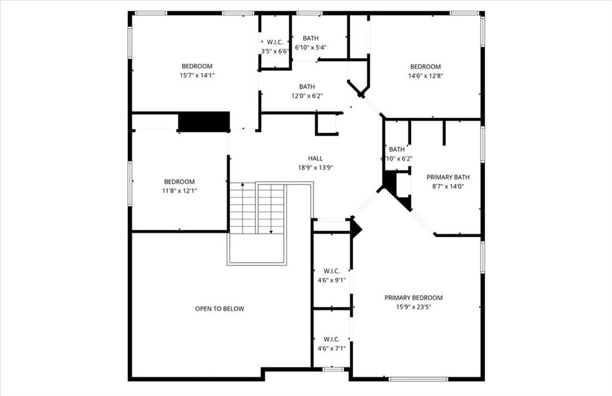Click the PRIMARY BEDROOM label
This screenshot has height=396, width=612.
click(x=414, y=297)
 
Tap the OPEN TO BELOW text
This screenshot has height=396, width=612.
click(x=220, y=309)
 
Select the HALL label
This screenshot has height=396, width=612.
click(x=316, y=158)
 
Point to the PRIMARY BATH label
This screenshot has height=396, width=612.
click(x=448, y=177)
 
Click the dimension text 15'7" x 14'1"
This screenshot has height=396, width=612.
click(x=197, y=76)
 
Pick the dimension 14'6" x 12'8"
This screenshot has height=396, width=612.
click(x=426, y=76)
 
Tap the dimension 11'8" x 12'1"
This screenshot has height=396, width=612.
click(x=179, y=191)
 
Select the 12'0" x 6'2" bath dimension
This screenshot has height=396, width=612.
click(x=307, y=96)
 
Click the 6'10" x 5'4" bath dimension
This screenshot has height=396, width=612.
click(x=311, y=48)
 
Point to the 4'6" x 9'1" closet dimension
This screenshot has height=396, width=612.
click(x=332, y=280)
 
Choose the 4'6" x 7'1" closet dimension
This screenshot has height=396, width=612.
click(x=332, y=348)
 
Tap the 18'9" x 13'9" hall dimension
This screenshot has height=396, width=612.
click(x=316, y=168)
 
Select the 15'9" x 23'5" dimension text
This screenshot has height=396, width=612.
click(x=414, y=307)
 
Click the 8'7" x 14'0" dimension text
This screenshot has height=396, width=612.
click(x=448, y=186)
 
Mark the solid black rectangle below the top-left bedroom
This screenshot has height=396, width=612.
click(x=204, y=122)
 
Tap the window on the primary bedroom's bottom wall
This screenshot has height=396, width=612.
click(x=418, y=379)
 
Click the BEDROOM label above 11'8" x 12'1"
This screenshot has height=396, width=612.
click(x=179, y=182)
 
